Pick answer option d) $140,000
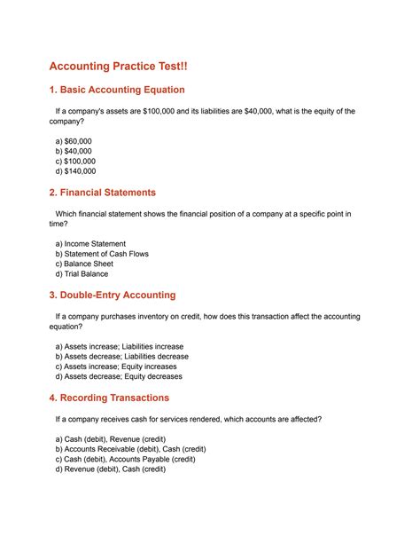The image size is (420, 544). pyautogui.click(x=75, y=171)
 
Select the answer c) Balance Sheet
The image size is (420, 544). pyautogui.click(x=84, y=264)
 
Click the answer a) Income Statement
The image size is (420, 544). pyautogui.click(x=90, y=243)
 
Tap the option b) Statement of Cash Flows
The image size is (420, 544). pyautogui.click(x=102, y=254)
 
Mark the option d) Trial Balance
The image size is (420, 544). pyautogui.click(x=82, y=274)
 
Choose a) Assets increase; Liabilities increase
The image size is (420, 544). pyautogui.click(x=120, y=346)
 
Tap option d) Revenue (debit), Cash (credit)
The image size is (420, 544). pyautogui.click(x=111, y=469)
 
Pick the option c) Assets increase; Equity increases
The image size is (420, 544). pyautogui.click(x=116, y=367)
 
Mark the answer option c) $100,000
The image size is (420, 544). pyautogui.click(x=75, y=162)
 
